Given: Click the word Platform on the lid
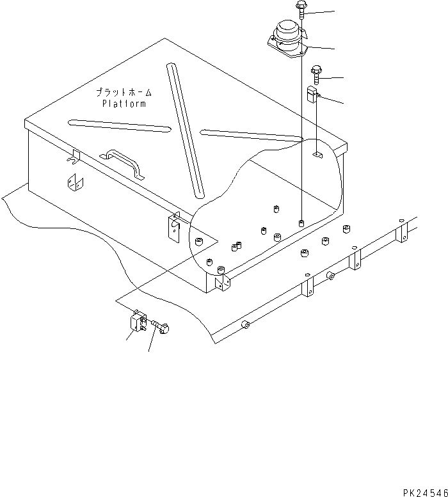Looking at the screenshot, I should (124, 104).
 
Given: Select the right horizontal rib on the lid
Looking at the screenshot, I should (251, 135).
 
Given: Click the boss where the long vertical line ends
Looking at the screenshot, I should (301, 223).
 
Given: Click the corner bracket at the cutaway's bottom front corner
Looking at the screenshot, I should (221, 281).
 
